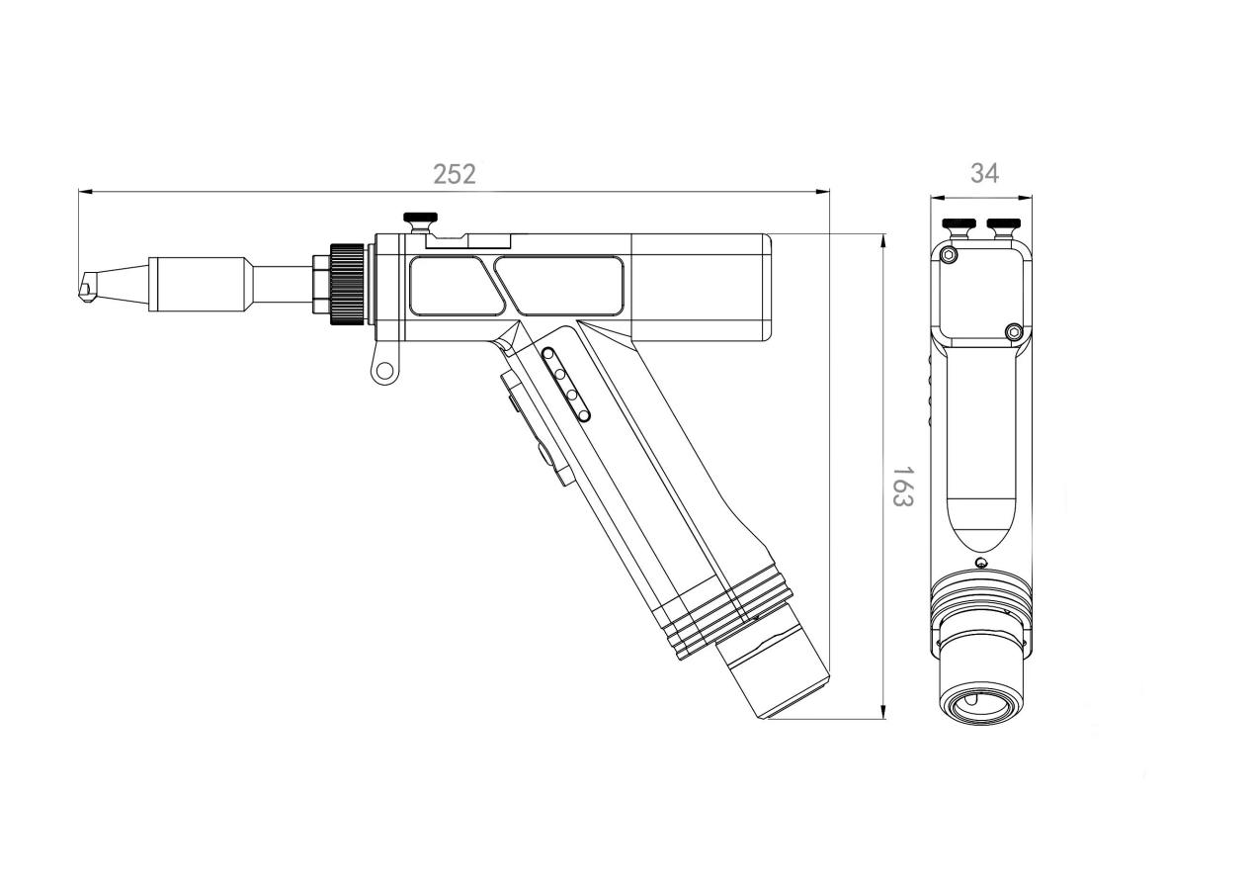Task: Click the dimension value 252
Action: (x=455, y=174)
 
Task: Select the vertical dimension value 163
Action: (x=901, y=486)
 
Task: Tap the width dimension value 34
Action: (x=983, y=173)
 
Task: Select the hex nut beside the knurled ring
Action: (x=320, y=284)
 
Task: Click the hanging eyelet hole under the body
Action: (x=383, y=371)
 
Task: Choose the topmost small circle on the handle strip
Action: (x=549, y=354)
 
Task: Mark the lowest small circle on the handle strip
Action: (x=583, y=414)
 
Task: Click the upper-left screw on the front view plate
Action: (x=950, y=255)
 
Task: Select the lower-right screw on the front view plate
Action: (x=1012, y=331)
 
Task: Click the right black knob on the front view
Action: (x=1004, y=222)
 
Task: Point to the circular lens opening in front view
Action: (x=980, y=704)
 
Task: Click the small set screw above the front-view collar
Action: (x=980, y=564)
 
